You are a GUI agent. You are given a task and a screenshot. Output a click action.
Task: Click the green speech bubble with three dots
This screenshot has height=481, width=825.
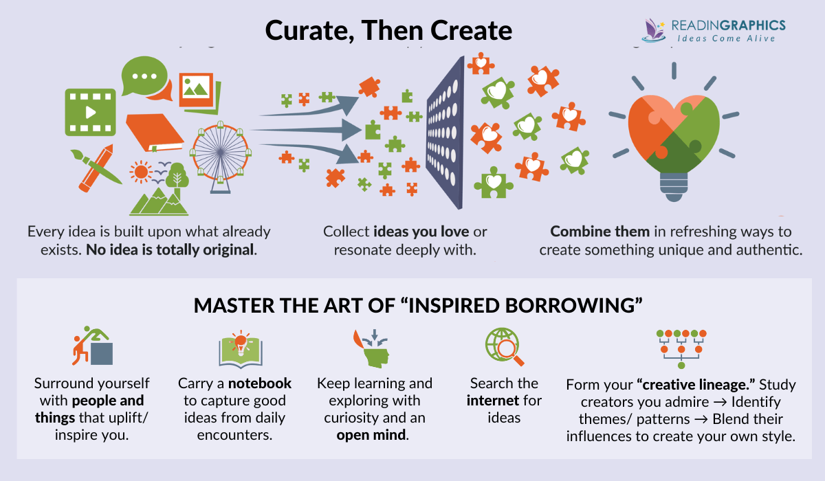(x=144, y=77)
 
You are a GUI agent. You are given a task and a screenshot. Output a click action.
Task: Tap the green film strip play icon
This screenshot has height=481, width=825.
(x=89, y=111)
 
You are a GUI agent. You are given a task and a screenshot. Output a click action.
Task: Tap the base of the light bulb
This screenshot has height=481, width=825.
(x=674, y=182)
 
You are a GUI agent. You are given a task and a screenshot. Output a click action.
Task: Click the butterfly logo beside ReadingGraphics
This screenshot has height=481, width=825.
(x=653, y=29)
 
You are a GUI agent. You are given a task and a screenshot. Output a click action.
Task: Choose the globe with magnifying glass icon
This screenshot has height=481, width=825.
(x=504, y=347)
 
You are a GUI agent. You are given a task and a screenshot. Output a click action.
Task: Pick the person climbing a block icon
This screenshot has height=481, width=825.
(x=92, y=347)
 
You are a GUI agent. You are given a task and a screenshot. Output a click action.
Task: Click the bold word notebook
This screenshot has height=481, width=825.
(x=260, y=383)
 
